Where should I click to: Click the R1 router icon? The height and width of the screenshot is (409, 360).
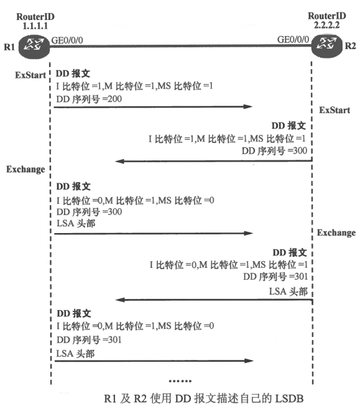click(34, 47)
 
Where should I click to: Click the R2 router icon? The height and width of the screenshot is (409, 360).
click(327, 46)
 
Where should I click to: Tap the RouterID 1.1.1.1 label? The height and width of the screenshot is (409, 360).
click(35, 21)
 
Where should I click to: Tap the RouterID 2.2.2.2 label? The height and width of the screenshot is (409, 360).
click(327, 21)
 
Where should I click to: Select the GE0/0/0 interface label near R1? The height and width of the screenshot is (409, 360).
click(67, 40)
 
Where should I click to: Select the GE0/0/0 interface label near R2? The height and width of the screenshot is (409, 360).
click(293, 40)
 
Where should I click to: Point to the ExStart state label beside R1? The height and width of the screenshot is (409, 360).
click(30, 75)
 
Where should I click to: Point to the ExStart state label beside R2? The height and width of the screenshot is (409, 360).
click(335, 110)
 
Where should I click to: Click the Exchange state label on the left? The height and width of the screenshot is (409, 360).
click(25, 169)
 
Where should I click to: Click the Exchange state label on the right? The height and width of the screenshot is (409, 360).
click(336, 232)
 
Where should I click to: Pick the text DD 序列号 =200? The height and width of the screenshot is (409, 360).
click(89, 99)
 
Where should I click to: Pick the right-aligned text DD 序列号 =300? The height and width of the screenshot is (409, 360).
click(274, 151)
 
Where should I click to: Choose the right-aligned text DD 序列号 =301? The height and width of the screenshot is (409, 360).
click(275, 277)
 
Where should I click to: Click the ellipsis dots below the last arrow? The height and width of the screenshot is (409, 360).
click(180, 381)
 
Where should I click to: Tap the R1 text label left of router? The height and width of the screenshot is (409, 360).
click(9, 47)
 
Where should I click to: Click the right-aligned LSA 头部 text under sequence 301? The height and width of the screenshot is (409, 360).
click(288, 292)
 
